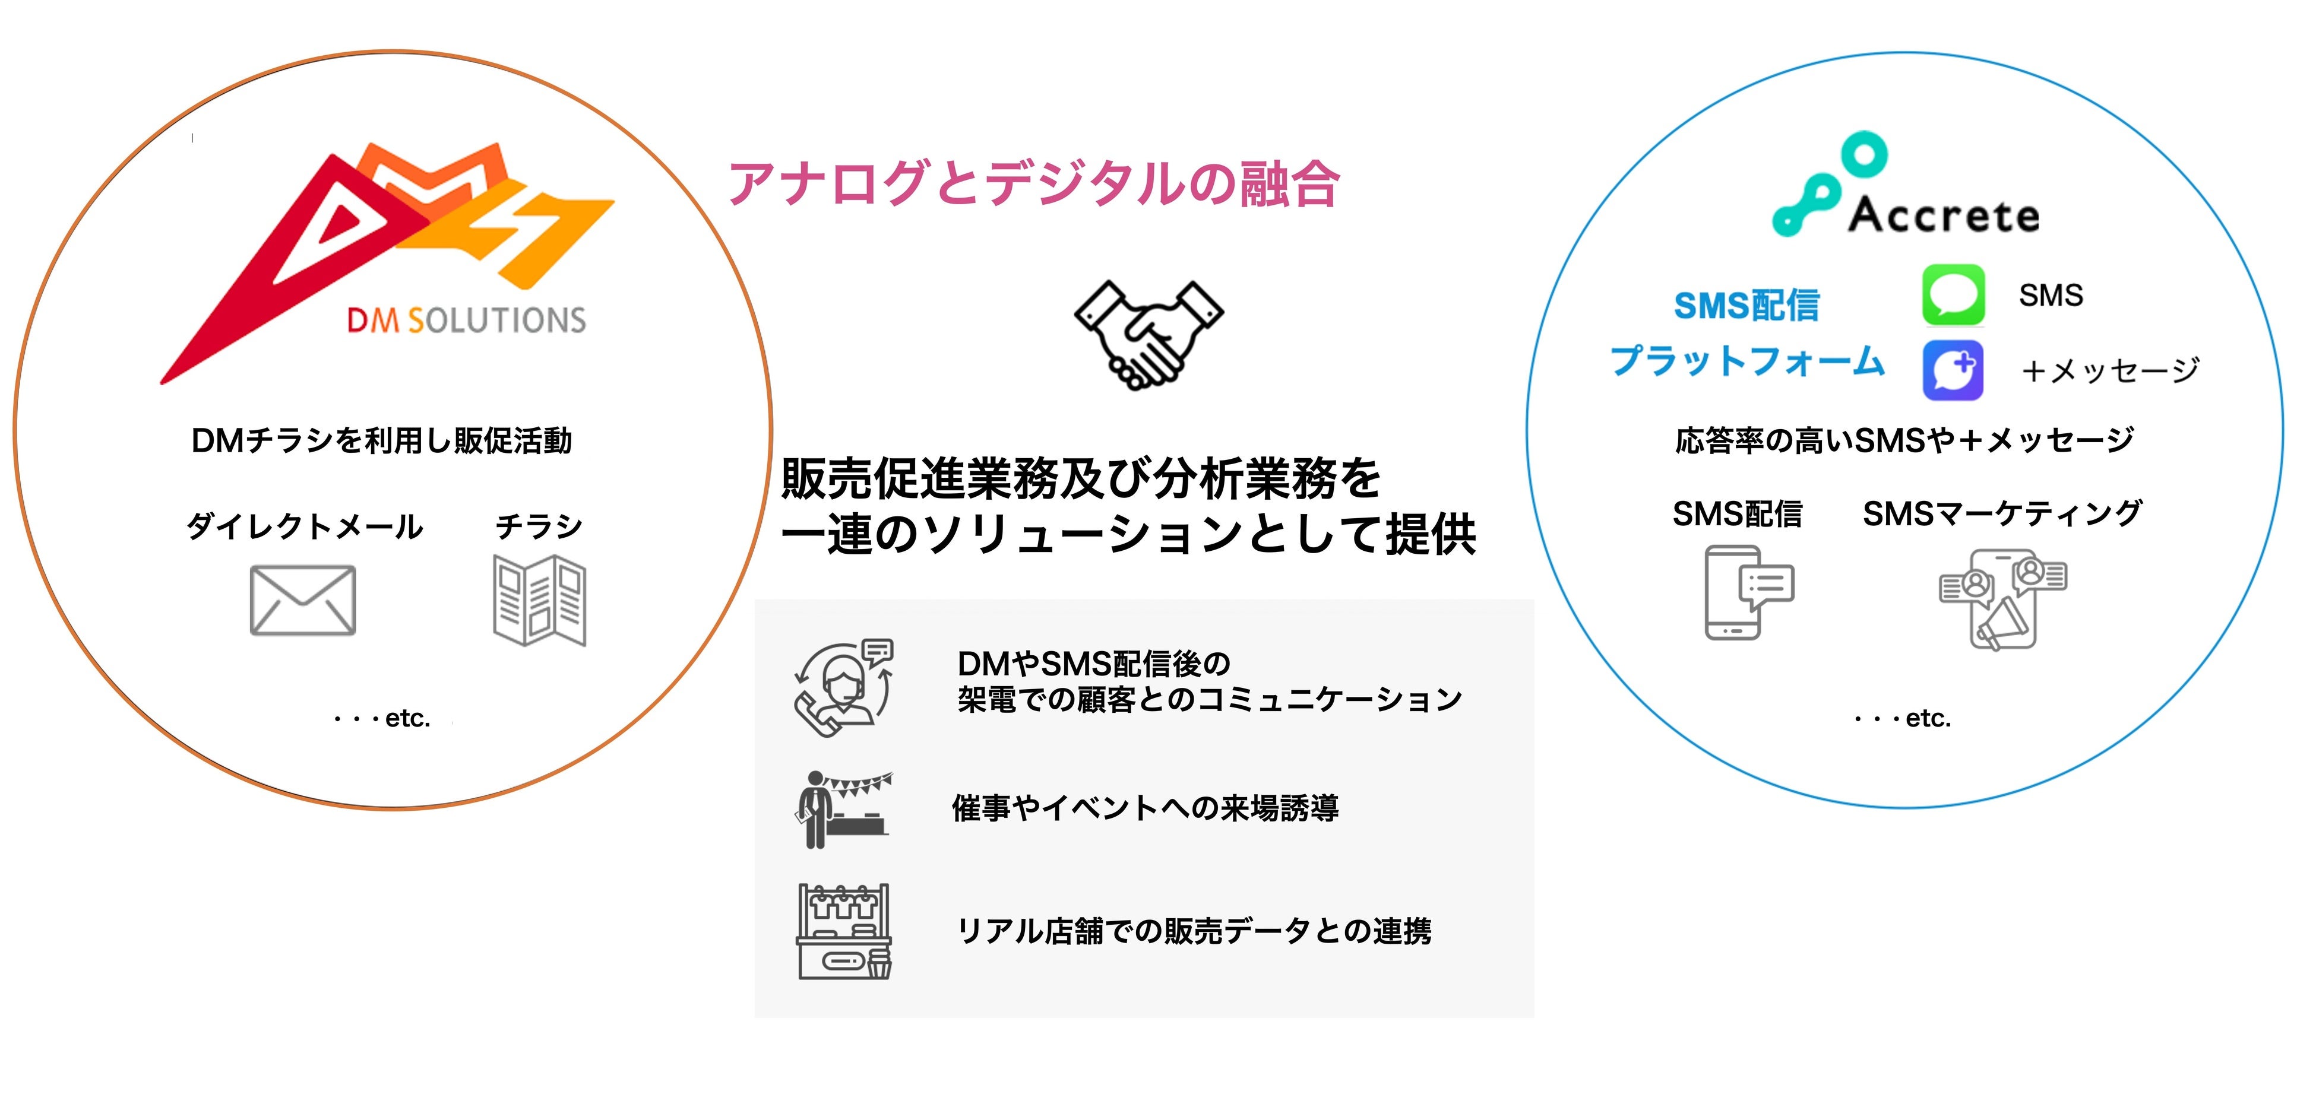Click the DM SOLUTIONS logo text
point(466,320)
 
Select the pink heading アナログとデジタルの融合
point(1033,184)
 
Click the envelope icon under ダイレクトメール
point(303,601)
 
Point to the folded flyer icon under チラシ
point(539,601)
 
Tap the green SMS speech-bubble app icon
point(1953,295)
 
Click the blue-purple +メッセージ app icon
point(1953,369)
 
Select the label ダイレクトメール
point(304,526)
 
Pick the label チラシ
point(539,526)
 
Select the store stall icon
point(843,931)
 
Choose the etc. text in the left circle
point(382,718)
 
